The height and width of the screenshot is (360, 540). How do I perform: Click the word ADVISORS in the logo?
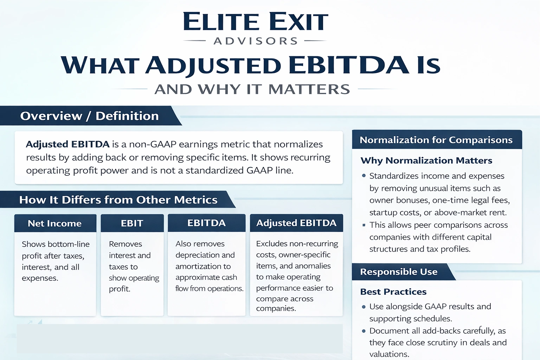click(x=256, y=41)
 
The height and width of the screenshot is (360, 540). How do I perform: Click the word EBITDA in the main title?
click(x=348, y=65)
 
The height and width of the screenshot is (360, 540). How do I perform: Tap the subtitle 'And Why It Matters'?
click(x=252, y=89)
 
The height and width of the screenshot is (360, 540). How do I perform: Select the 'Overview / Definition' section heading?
click(x=89, y=116)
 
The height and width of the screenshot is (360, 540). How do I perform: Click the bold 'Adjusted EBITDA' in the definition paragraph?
click(x=67, y=144)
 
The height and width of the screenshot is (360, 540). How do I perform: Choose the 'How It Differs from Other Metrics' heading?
click(x=118, y=200)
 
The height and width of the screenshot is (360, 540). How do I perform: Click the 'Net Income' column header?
click(x=55, y=223)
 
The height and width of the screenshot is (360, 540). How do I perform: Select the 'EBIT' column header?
click(x=132, y=223)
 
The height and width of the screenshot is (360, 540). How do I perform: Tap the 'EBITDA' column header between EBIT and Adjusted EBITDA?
click(x=206, y=223)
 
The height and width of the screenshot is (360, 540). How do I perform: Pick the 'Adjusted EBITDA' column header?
click(x=296, y=223)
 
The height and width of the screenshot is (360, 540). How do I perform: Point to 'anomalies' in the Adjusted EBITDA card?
click(x=313, y=266)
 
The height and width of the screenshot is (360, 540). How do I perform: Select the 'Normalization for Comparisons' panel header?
click(x=436, y=140)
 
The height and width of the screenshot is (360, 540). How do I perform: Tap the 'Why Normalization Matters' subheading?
click(x=426, y=160)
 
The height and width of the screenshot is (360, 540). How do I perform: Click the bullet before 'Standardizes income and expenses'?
click(x=364, y=176)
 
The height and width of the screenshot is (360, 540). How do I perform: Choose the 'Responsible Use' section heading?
click(x=399, y=272)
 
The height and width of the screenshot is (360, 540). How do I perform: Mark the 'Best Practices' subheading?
click(x=393, y=292)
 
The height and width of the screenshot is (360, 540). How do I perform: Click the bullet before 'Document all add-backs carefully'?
click(x=364, y=331)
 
